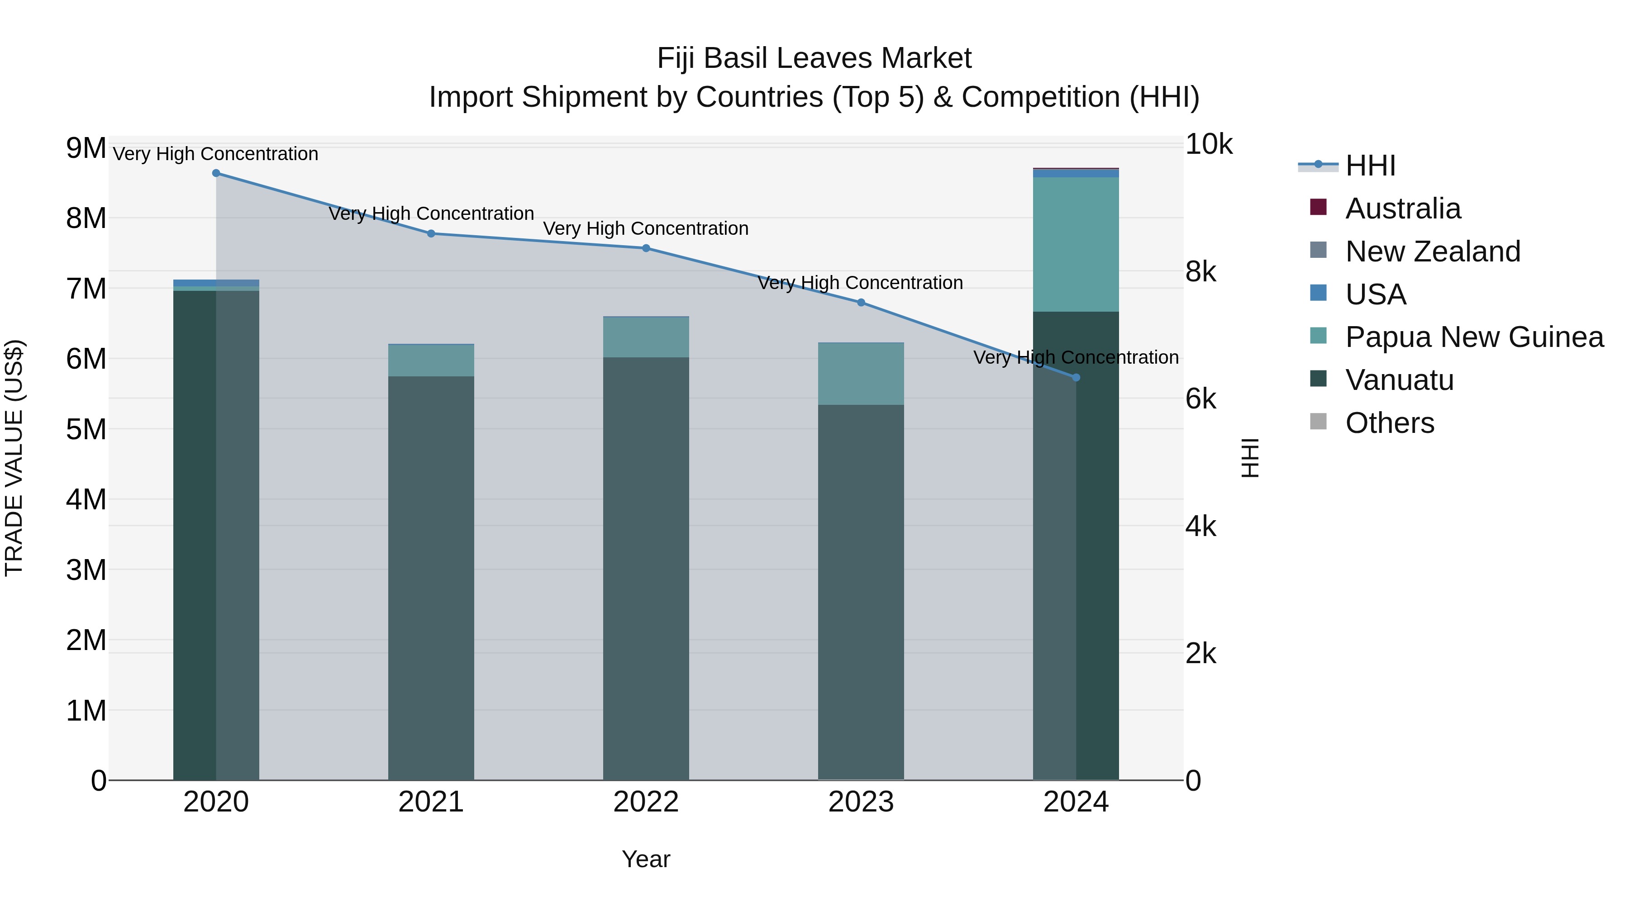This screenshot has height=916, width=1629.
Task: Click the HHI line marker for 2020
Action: (x=216, y=173)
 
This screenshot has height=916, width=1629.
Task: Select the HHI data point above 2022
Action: (x=646, y=248)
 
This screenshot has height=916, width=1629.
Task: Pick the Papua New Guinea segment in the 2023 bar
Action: (x=861, y=374)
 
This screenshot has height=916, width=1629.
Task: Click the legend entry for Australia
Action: (x=1403, y=209)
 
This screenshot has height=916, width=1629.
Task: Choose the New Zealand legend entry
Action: (x=1432, y=252)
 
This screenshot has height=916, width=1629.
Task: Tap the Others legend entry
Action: (x=1389, y=423)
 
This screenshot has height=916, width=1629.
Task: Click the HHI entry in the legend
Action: (x=1370, y=166)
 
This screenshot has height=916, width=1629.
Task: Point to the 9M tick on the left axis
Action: (x=86, y=148)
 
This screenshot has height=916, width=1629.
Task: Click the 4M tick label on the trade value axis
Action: (x=86, y=499)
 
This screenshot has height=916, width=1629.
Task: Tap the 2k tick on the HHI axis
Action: (x=1200, y=654)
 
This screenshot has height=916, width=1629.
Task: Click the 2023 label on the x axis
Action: (x=861, y=802)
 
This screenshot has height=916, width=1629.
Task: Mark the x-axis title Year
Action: (x=646, y=859)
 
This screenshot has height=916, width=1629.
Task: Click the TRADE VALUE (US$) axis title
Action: (x=14, y=458)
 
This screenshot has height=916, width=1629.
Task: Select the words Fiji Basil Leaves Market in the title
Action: (x=814, y=58)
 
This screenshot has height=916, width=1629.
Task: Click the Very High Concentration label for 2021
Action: (x=431, y=214)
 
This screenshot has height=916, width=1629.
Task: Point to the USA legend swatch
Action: (x=1318, y=293)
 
